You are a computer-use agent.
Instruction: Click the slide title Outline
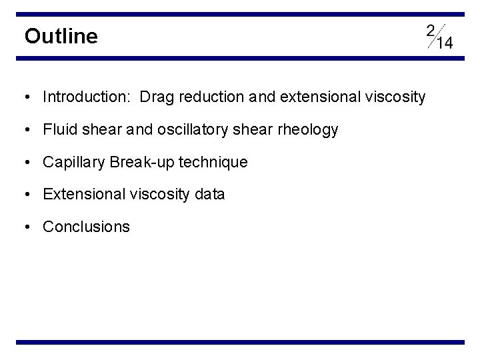[61, 36]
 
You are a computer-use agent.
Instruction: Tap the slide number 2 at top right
[430, 30]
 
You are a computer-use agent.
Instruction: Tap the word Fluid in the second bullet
[58, 130]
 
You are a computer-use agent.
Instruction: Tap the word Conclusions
[87, 227]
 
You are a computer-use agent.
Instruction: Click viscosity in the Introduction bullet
[395, 97]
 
